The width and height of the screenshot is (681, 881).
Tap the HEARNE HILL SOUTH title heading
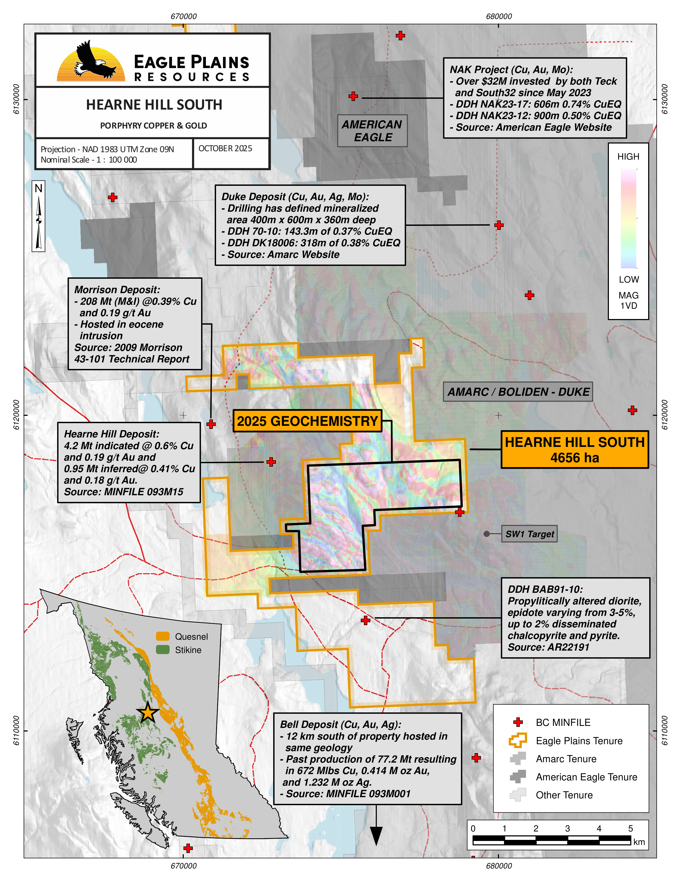[x=154, y=105]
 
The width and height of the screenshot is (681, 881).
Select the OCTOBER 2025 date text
[x=225, y=148]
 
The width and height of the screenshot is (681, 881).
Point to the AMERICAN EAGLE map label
[x=372, y=131]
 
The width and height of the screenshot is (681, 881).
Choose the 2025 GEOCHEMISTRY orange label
[x=307, y=421]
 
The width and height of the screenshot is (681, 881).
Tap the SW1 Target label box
[x=529, y=534]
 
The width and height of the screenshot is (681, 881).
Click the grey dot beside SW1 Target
[x=487, y=534]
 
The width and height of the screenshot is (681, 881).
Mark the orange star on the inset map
[x=148, y=713]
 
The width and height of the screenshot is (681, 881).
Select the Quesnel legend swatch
[x=163, y=636]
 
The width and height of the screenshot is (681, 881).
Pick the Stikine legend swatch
[x=163, y=650]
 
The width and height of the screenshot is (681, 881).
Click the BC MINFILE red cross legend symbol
[x=518, y=722]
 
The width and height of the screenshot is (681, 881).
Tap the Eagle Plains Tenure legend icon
[x=518, y=741]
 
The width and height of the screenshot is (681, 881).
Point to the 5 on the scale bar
[x=630, y=829]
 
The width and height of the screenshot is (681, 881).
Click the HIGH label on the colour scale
[x=628, y=156]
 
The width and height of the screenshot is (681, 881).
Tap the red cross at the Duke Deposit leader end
[x=499, y=225]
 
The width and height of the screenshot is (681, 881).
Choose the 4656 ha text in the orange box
[x=574, y=458]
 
